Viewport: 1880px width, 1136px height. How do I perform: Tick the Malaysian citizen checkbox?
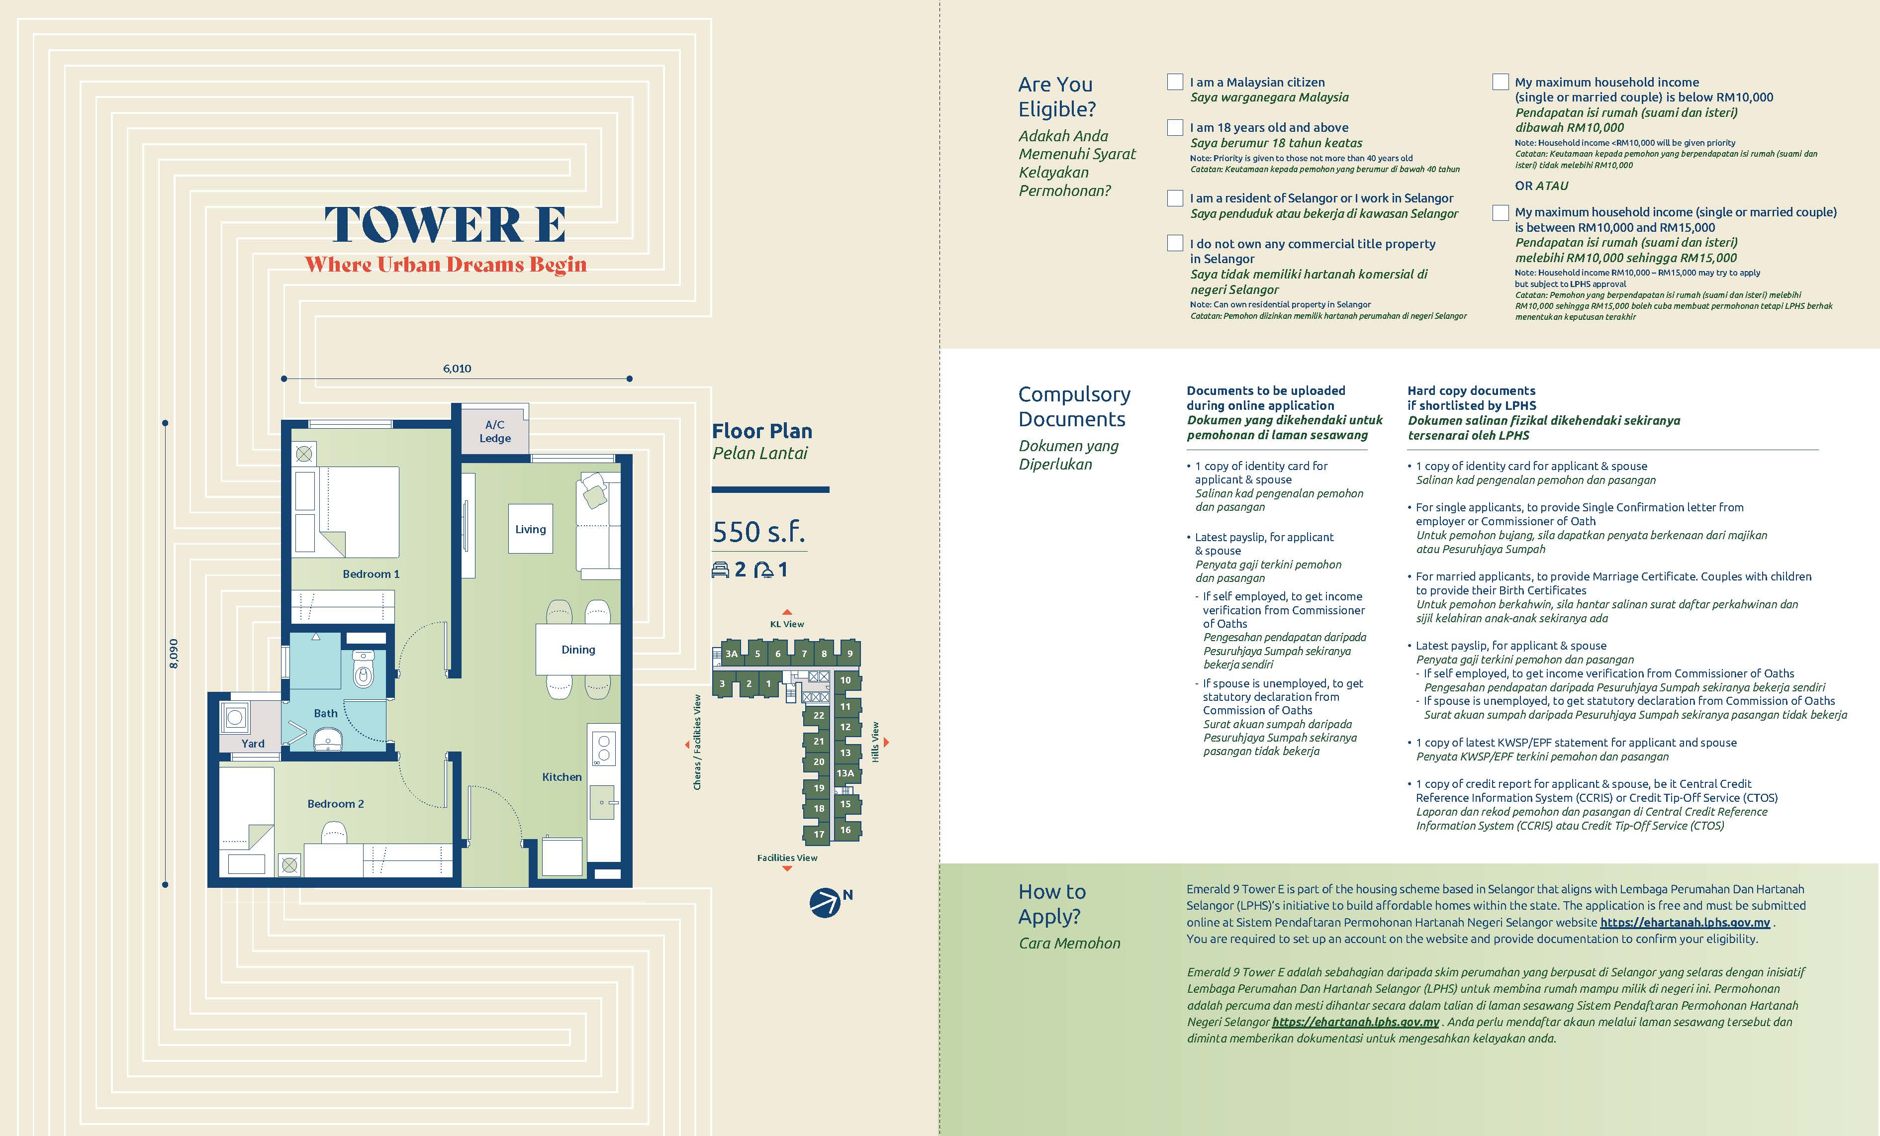point(1175,82)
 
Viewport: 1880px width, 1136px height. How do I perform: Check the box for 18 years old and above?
point(1175,127)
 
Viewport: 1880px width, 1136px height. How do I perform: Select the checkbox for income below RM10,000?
point(1500,82)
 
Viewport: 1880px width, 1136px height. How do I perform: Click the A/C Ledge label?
point(495,431)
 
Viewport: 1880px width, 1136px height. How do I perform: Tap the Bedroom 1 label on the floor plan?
point(371,574)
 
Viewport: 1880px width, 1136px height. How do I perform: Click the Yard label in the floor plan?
point(253,743)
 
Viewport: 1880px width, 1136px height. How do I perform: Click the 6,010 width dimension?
point(457,369)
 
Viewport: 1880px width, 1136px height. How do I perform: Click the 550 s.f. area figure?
point(758,532)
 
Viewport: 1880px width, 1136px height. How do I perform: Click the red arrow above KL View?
point(787,612)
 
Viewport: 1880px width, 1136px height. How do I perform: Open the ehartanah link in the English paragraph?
point(1685,923)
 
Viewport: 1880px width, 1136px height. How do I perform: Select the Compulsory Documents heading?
point(1074,407)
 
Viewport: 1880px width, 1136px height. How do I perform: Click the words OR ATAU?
point(1541,186)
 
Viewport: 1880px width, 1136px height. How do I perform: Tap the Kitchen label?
point(562,777)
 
